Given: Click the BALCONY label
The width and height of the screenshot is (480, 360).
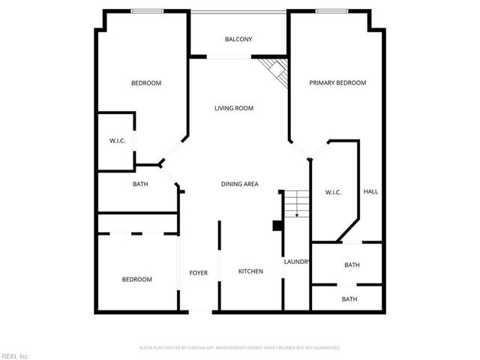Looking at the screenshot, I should (x=238, y=39).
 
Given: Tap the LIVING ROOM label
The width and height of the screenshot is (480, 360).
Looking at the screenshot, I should (x=234, y=108).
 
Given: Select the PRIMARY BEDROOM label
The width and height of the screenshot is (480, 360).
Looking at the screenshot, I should (x=337, y=82).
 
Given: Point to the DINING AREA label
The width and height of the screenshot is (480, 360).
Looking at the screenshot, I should (x=240, y=184).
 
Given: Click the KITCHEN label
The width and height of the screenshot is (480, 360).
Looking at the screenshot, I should (x=250, y=271).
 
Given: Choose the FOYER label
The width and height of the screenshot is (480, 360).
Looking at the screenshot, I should (x=198, y=272).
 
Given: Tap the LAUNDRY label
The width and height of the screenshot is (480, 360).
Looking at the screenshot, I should (x=297, y=261).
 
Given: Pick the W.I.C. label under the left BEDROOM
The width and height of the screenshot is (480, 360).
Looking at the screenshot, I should (x=117, y=140).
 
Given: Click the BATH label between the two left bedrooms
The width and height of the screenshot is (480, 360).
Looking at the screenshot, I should (x=140, y=184).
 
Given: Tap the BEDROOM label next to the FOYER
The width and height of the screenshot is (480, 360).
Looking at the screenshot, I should (x=136, y=280).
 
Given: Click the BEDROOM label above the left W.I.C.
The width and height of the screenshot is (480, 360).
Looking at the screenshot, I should (x=146, y=82).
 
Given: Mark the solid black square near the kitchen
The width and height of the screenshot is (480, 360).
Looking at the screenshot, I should (x=277, y=225).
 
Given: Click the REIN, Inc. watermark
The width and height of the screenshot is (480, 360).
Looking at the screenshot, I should (x=15, y=355).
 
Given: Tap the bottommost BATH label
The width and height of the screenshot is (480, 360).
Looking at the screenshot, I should (x=349, y=299).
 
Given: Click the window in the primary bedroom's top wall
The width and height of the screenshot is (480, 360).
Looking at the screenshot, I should (x=331, y=10).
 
